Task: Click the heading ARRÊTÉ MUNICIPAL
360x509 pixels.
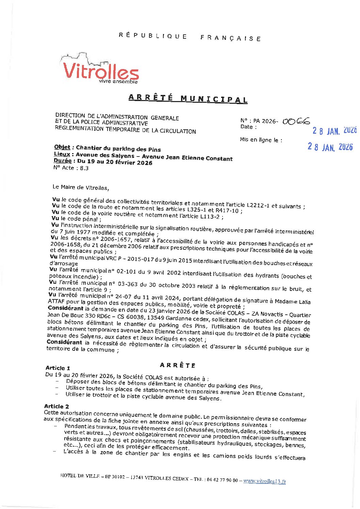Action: [x=188, y=98]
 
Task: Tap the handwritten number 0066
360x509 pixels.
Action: [x=296, y=121]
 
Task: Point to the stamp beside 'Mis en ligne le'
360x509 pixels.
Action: [x=330, y=146]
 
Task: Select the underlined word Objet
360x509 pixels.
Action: [x=62, y=147]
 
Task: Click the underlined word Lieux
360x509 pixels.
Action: [x=62, y=154]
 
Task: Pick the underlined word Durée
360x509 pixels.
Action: [x=62, y=161]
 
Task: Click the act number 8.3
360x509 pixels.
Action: [x=84, y=168]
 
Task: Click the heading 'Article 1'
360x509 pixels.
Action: [x=58, y=368]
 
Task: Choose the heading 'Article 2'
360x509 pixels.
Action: [x=56, y=406]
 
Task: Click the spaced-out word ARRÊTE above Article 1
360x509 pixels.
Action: [x=178, y=365]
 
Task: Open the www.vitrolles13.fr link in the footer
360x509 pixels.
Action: [x=264, y=481]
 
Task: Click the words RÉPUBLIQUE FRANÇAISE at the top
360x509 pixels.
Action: [x=190, y=37]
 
